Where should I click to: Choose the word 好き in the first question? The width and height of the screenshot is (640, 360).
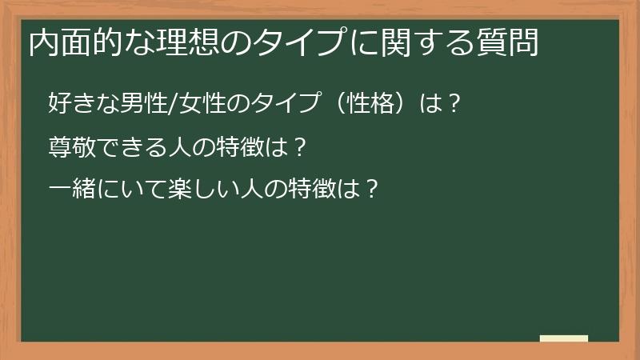(x=70, y=104)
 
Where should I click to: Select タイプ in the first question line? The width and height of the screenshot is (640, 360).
(x=283, y=104)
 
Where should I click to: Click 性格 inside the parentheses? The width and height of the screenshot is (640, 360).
(x=369, y=104)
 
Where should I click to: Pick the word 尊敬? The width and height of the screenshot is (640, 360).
(x=70, y=147)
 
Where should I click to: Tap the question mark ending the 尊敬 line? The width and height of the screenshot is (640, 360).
(x=298, y=147)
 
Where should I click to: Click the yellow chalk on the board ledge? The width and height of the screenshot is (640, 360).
(x=563, y=338)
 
